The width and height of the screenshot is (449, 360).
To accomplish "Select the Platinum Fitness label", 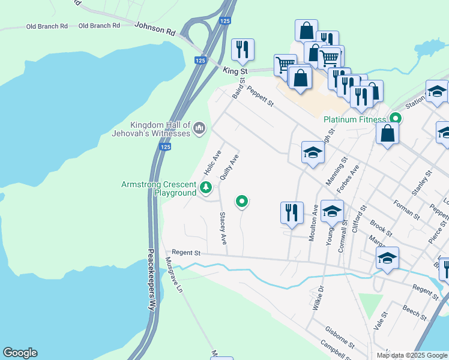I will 354,119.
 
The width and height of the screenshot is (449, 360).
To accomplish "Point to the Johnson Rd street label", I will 155,28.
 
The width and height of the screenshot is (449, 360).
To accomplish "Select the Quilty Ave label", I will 230,167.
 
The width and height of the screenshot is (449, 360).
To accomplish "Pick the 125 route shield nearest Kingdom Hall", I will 166,146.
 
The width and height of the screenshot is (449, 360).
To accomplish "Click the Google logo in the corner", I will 20,353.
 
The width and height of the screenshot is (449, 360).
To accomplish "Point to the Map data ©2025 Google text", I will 411,355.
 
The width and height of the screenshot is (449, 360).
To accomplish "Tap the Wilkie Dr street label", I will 318,298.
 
